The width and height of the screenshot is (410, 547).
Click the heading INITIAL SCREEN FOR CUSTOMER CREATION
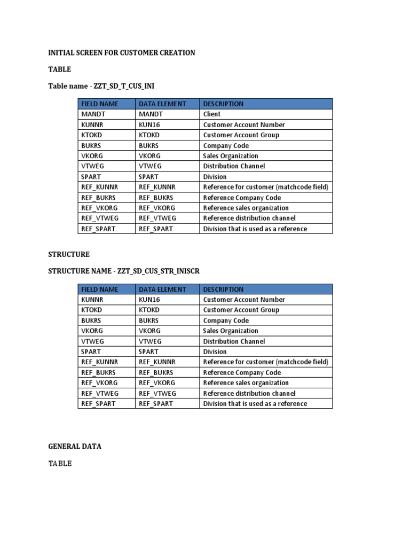click(122, 53)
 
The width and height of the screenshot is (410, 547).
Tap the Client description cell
click(212, 114)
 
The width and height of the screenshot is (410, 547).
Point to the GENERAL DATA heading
click(75, 447)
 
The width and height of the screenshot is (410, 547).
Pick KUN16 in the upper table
click(149, 125)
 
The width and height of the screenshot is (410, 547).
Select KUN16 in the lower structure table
click(149, 300)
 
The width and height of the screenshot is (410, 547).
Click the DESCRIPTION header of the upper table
click(223, 104)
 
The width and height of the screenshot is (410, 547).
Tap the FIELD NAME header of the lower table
click(100, 290)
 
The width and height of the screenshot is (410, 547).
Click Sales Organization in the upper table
click(231, 156)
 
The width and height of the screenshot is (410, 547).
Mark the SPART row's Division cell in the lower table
click(215, 352)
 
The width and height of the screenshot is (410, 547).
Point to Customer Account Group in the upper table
click(241, 135)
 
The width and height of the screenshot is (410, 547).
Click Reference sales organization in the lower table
click(246, 383)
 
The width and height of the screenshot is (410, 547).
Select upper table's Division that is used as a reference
click(255, 229)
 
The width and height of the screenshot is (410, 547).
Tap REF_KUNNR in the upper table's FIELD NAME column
click(100, 187)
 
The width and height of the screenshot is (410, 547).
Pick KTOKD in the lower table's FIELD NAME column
click(91, 310)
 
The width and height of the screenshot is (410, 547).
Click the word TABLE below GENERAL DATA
click(60, 464)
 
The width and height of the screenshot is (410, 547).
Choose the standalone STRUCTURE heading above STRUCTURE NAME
click(69, 255)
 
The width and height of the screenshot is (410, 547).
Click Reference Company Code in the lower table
click(242, 373)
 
